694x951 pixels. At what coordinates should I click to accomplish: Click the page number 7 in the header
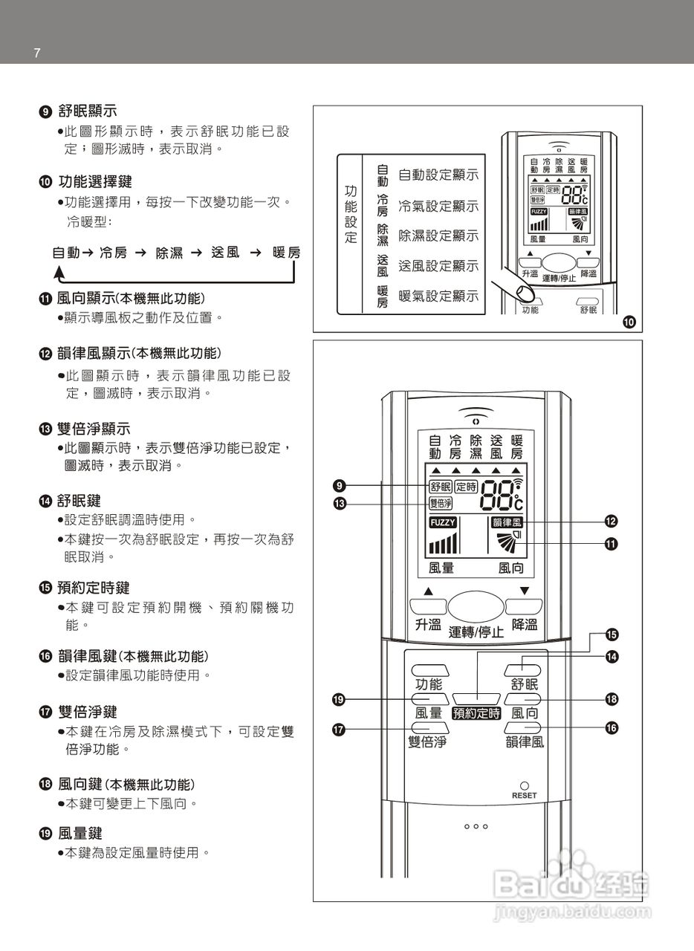(36, 53)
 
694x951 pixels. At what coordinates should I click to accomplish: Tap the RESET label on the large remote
(524, 796)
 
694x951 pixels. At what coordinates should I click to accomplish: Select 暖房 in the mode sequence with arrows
(286, 253)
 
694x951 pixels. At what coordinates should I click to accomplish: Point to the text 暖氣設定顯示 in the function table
(438, 296)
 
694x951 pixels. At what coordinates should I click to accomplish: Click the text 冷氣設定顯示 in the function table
(438, 206)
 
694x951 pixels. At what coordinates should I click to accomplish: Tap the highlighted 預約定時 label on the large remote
(476, 713)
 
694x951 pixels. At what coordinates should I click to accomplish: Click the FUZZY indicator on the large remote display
(443, 522)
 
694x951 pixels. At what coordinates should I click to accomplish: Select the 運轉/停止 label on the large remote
(476, 632)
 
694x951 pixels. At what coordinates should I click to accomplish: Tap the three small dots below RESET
(476, 826)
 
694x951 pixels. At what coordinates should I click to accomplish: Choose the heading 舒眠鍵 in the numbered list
(79, 501)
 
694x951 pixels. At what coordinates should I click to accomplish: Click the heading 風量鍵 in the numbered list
(79, 833)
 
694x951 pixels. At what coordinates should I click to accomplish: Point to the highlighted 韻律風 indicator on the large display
(507, 522)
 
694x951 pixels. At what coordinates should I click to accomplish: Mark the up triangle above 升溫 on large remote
(429, 592)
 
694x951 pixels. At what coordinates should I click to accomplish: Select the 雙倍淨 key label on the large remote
(427, 741)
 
